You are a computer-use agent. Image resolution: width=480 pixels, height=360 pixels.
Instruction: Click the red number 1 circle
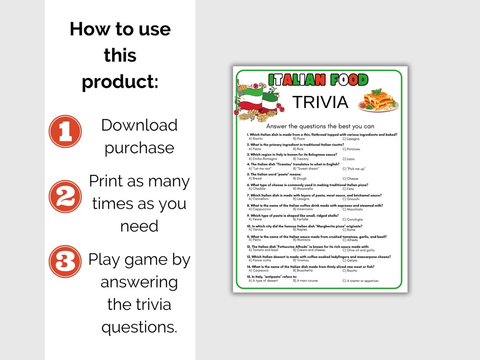[65, 131]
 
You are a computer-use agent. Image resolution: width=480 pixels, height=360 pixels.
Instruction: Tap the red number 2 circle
[65, 196]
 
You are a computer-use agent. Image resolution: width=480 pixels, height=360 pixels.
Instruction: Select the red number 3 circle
[65, 261]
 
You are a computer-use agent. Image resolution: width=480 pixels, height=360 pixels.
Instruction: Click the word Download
[139, 125]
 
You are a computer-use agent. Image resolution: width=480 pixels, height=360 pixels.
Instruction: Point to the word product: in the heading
[120, 81]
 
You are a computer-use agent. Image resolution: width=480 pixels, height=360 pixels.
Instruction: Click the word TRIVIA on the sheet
[320, 102]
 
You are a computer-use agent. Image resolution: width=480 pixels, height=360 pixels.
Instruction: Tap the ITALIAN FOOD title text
[318, 80]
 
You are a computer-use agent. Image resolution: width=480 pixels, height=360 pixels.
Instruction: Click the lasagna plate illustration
[378, 101]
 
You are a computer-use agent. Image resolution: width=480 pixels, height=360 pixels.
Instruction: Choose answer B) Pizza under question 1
[299, 139]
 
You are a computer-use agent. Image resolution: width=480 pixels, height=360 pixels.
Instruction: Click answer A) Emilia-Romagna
[263, 159]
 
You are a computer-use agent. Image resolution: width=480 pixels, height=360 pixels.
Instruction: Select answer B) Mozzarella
[303, 189]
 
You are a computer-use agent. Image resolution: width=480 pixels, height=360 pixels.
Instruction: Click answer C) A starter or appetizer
[360, 281]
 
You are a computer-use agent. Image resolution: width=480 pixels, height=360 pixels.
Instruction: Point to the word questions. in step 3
[139, 327]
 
